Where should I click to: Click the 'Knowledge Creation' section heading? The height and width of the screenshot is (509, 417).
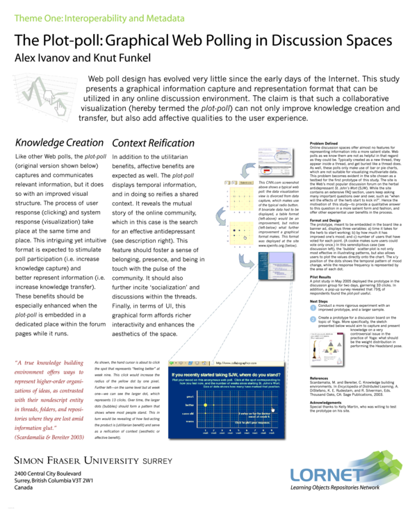[x=59, y=143]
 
